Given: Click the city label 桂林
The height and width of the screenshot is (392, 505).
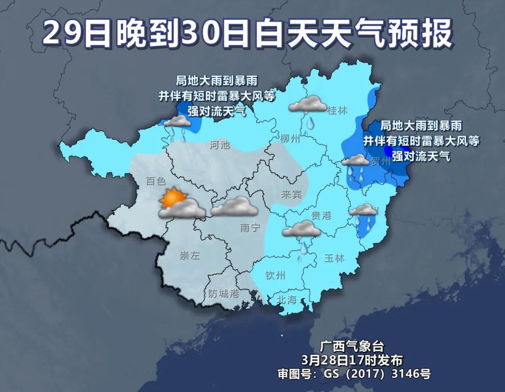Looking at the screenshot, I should pyautogui.click(x=337, y=111).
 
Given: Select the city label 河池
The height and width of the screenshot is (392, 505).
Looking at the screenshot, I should pyautogui.click(x=220, y=145).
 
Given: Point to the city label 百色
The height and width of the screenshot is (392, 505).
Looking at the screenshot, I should pyautogui.click(x=156, y=181).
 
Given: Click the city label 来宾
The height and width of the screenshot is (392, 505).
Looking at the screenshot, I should pyautogui.click(x=291, y=194).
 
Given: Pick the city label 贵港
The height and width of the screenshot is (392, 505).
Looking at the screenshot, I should pyautogui.click(x=321, y=215).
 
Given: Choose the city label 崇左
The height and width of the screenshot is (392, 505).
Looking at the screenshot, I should pyautogui.click(x=190, y=256).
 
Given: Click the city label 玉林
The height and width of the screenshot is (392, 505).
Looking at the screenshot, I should pyautogui.click(x=334, y=257).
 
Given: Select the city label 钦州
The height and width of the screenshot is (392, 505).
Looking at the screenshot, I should pyautogui.click(x=274, y=275).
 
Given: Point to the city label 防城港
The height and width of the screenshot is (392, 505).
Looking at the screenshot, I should pyautogui.click(x=224, y=294).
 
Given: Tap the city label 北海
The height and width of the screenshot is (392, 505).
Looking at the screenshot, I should pyautogui.click(x=287, y=299).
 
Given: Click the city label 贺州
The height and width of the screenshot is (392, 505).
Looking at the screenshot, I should pyautogui.click(x=380, y=162).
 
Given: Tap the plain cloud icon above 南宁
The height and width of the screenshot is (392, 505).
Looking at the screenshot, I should pyautogui.click(x=234, y=206).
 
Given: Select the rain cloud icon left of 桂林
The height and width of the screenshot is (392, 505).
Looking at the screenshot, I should pyautogui.click(x=307, y=104).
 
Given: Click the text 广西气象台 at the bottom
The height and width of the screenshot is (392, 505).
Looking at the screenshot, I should pyautogui.click(x=352, y=347).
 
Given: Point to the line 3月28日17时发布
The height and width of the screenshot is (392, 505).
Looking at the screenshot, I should pyautogui.click(x=352, y=360).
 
